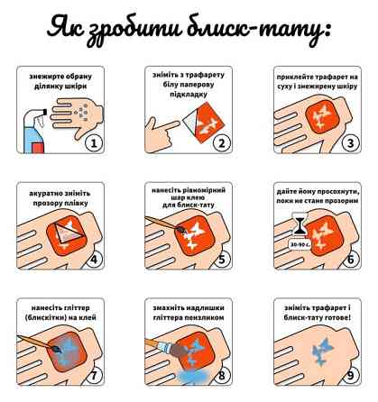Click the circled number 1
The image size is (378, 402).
[94, 143]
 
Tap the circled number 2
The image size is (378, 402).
[222, 143]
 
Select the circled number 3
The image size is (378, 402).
[351, 143]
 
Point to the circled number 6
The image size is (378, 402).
[351, 259]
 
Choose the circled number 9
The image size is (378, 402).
[351, 375]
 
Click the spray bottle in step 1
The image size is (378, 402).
[34, 132]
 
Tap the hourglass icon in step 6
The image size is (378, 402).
[300, 224]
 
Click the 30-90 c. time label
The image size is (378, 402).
[300, 244]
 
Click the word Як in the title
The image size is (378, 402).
[66, 26]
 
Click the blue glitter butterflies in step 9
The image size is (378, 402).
[323, 351]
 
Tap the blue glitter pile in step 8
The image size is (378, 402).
[192, 376]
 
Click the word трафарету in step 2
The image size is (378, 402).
[206, 75]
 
